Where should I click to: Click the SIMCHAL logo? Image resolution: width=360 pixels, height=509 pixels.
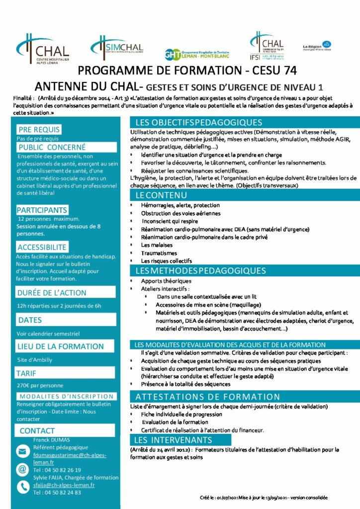pyautogui.click(x=118, y=47)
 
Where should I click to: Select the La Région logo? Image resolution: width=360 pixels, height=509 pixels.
pyautogui.click(x=317, y=46)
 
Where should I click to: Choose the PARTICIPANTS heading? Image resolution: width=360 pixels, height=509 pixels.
pyautogui.click(x=42, y=210)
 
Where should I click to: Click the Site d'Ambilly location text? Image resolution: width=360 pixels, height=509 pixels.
pyautogui.click(x=34, y=359)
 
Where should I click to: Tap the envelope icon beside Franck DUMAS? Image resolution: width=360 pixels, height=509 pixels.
pyautogui.click(x=22, y=451)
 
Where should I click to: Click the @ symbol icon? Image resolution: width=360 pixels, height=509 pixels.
pyautogui.click(x=22, y=469)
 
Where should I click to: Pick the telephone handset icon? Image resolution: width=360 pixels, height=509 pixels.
pyautogui.click(x=22, y=487)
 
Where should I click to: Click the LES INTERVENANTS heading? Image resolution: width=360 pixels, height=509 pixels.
pyautogui.click(x=173, y=440)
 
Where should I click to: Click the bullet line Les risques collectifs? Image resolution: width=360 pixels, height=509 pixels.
pyautogui.click(x=166, y=261)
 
